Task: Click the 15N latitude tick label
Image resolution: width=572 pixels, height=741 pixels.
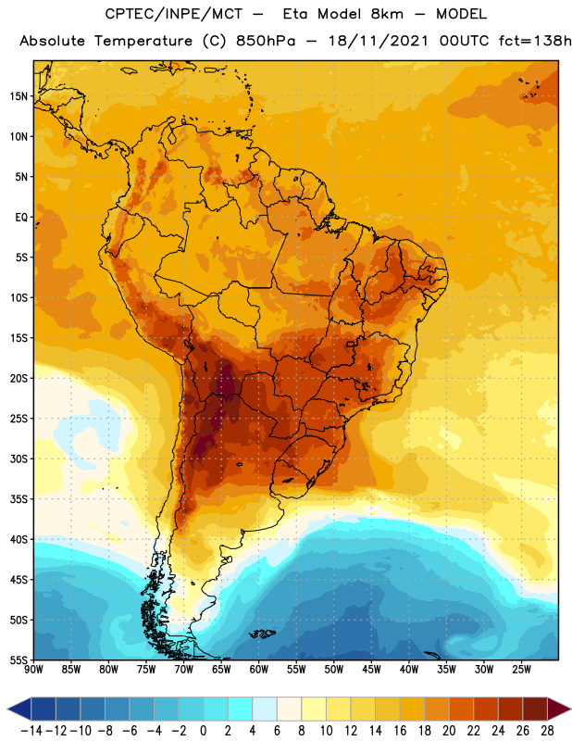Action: (x=19, y=96)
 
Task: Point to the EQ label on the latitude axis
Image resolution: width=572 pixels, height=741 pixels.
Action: (x=21, y=218)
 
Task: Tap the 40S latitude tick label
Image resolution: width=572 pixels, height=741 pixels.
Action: (x=19, y=539)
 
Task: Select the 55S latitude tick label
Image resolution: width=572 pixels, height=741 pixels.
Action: (x=19, y=659)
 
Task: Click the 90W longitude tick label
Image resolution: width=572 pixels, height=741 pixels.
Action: (x=33, y=670)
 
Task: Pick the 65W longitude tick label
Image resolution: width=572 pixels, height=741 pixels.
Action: (x=221, y=670)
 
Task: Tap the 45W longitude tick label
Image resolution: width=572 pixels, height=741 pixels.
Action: (x=371, y=670)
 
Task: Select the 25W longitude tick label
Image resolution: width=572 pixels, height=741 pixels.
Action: (x=521, y=670)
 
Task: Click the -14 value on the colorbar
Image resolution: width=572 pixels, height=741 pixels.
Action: (x=31, y=731)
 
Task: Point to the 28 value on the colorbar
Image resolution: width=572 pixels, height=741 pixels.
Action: (x=547, y=731)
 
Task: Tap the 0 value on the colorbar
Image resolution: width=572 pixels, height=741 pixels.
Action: (x=203, y=731)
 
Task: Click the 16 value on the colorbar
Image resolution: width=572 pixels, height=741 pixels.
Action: (x=400, y=731)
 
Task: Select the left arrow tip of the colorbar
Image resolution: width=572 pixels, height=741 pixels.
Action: (x=7, y=709)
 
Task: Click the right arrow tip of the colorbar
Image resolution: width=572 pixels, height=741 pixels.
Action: (x=571, y=709)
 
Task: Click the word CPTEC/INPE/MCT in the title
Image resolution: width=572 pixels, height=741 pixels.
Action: (x=173, y=14)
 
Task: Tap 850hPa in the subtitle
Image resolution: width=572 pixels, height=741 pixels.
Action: (x=266, y=41)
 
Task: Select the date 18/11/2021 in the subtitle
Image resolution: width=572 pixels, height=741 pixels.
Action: (x=379, y=41)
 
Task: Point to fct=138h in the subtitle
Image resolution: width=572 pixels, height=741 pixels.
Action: (x=535, y=41)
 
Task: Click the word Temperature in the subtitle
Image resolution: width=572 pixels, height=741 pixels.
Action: (x=143, y=41)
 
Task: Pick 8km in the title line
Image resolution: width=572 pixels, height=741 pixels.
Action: (x=387, y=14)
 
